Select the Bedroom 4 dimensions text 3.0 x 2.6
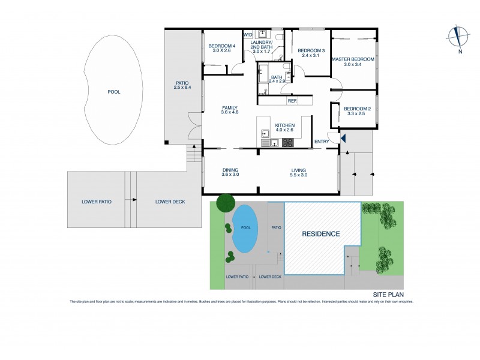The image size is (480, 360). click(x=221, y=51)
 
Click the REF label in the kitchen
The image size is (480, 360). click(x=292, y=101)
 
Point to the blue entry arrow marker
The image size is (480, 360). click(x=343, y=139)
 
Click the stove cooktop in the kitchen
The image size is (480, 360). click(x=288, y=143)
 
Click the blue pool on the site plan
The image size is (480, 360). click(x=244, y=229)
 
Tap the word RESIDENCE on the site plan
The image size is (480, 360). click(x=320, y=234)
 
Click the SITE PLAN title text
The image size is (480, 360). click(x=388, y=295)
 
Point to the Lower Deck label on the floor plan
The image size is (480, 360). click(x=170, y=202)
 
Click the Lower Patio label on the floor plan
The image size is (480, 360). click(x=96, y=202)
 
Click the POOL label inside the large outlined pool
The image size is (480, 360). click(x=113, y=92)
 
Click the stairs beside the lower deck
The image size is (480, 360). click(x=193, y=157)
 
